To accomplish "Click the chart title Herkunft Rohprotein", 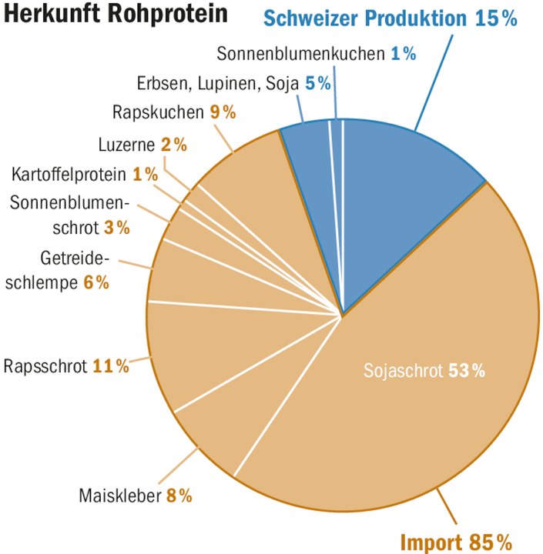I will pos(116,15).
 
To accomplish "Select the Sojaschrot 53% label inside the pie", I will pos(424,371).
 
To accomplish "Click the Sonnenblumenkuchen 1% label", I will pos(316,54).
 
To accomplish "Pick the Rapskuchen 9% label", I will pos(174,112).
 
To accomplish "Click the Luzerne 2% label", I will pos(142,144).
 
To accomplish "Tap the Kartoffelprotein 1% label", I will pos(85,174).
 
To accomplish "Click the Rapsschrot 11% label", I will pos(66,365).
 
